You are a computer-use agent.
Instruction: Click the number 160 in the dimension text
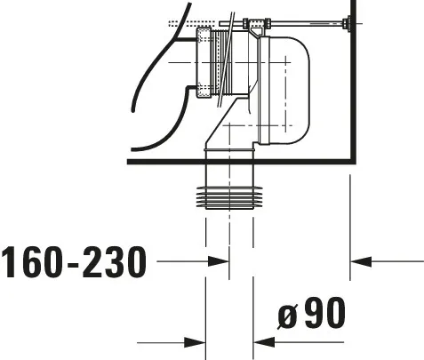pos(33,262)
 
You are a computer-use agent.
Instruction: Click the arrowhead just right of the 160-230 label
pos(217,261)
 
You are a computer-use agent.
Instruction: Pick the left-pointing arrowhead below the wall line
pos(363,261)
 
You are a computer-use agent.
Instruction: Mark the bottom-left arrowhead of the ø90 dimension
pos(196,340)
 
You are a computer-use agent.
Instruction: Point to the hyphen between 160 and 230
pos(74,264)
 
